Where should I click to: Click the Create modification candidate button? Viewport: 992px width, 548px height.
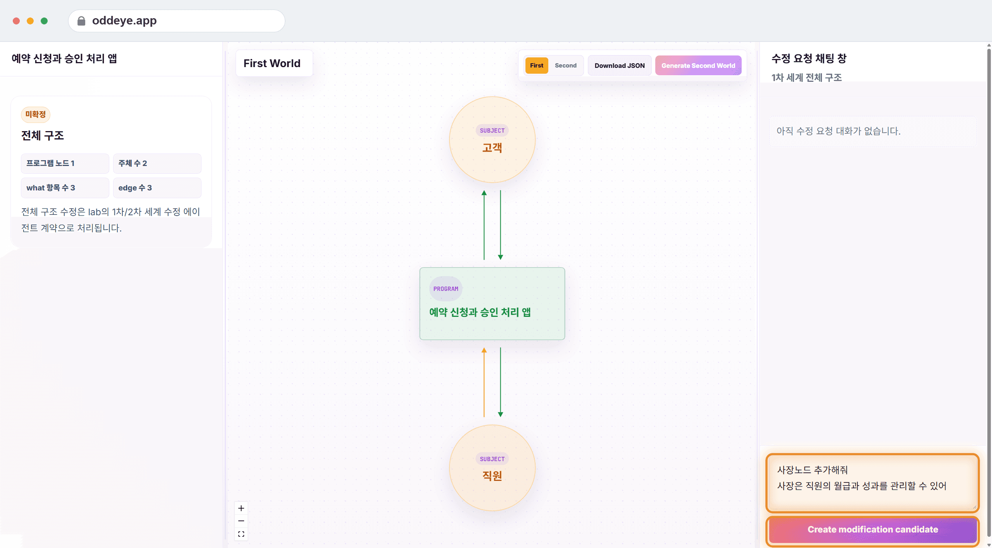872,530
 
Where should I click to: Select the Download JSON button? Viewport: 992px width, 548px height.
620,66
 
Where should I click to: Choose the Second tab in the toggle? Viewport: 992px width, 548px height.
565,66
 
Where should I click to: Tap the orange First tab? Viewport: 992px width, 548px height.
537,66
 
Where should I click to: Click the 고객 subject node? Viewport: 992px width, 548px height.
492,140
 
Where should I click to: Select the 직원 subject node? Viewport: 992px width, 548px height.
492,468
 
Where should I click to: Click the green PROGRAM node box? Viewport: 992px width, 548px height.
492,304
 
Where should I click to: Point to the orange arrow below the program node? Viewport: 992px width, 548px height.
484,382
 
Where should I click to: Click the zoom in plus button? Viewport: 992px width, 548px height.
241,508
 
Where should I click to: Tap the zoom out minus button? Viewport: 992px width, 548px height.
241,521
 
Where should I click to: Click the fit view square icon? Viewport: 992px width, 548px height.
241,534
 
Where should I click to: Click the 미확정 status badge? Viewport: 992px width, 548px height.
36,114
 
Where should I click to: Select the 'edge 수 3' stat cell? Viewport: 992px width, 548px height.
157,188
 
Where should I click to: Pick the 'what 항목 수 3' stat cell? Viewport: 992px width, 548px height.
65,188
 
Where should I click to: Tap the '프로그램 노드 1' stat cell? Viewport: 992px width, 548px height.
65,163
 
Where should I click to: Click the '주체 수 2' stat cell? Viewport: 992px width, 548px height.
157,163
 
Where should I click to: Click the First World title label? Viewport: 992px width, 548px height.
272,63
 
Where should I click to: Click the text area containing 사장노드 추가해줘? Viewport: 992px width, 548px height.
872,483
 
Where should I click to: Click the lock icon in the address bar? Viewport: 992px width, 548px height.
81,21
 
